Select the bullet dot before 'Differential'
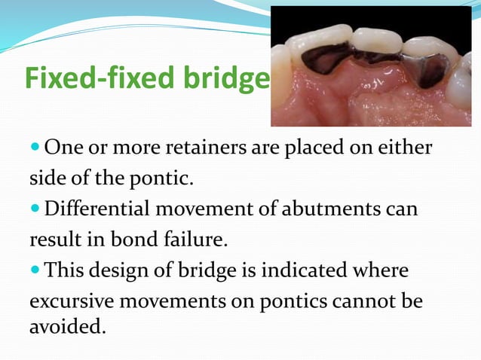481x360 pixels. click(x=36, y=209)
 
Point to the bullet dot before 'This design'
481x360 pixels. click(x=36, y=269)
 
